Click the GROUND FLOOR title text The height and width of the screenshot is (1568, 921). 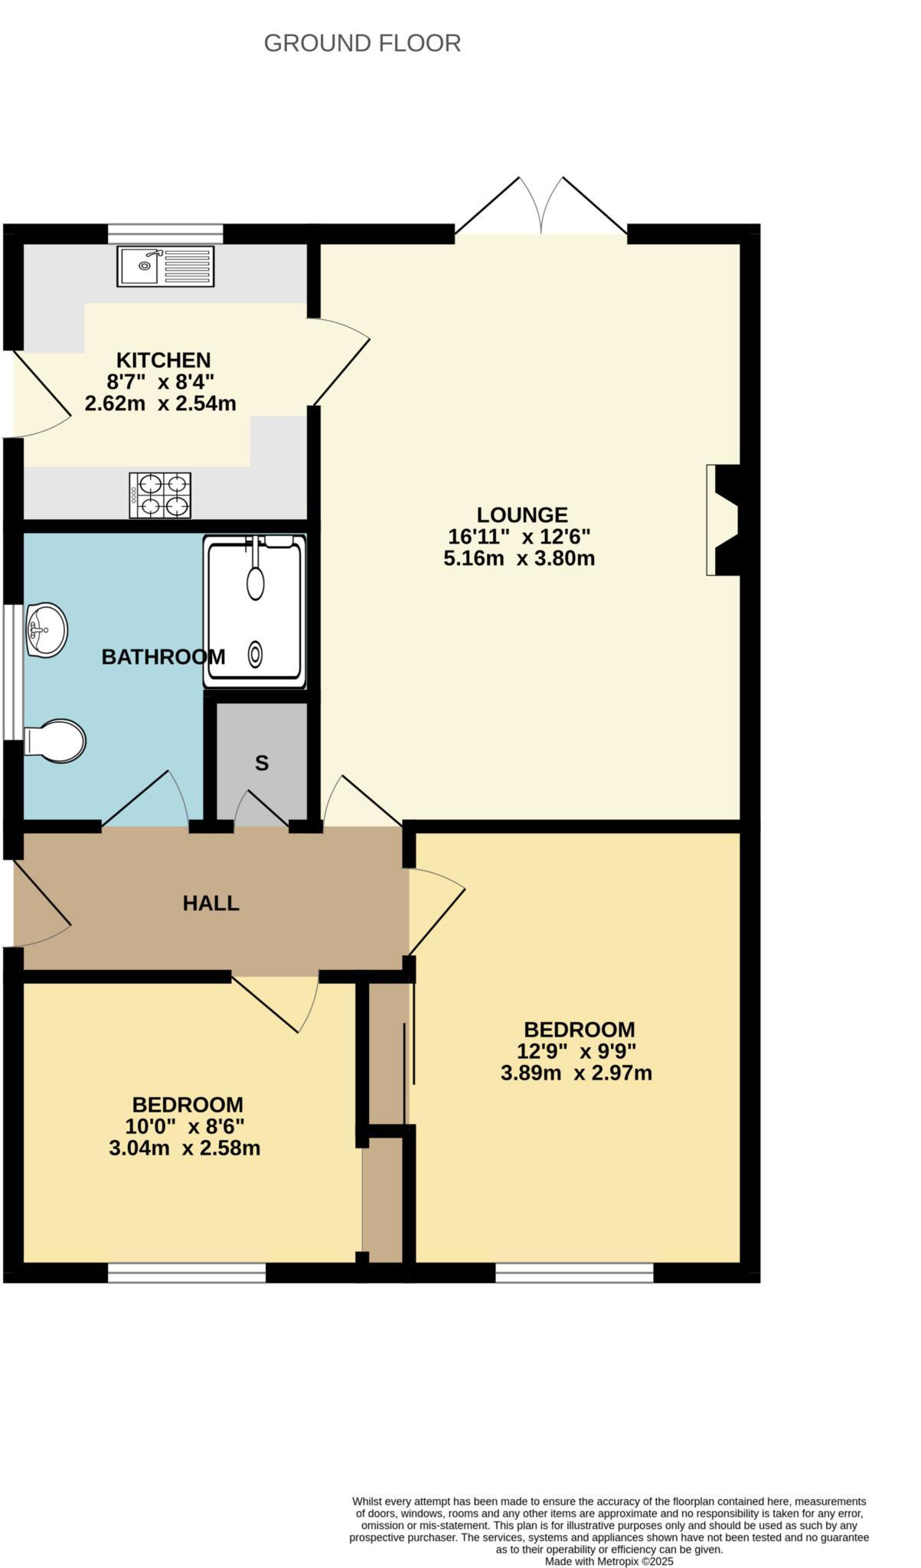362,43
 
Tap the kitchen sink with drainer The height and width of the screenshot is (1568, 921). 165,266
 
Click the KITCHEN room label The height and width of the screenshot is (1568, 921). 163,360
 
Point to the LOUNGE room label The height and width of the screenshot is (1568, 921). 522,514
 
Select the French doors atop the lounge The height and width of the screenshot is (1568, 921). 541,208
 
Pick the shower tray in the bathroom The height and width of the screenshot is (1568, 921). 255,610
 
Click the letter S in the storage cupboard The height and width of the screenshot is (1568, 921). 262,763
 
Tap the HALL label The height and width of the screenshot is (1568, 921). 211,903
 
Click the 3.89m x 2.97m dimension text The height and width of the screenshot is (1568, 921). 576,1073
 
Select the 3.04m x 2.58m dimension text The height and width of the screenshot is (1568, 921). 185,1148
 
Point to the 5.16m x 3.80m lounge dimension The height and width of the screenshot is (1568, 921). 519,558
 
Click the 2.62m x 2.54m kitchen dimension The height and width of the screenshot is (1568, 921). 160,403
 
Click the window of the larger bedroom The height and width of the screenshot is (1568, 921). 574,1272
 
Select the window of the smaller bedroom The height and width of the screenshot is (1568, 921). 186,1272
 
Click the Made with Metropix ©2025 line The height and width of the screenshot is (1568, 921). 609,1561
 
